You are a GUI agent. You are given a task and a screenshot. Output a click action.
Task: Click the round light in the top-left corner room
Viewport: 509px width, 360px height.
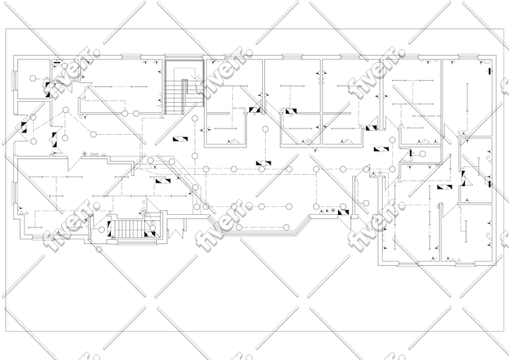pyautogui.click(x=33, y=78)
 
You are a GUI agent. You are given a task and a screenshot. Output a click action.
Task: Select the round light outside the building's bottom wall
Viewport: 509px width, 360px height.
pyautogui.click(x=99, y=249)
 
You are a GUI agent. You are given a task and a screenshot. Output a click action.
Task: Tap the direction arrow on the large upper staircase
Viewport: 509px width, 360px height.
pyautogui.click(x=195, y=76)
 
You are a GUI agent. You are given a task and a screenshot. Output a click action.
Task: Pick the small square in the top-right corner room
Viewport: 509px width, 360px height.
pyautogui.click(x=487, y=61)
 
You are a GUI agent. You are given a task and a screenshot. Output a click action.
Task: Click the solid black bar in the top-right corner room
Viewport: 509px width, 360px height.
pyautogui.click(x=489, y=71)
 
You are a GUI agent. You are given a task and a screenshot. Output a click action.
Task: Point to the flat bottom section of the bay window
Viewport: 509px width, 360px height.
pyautogui.click(x=260, y=234)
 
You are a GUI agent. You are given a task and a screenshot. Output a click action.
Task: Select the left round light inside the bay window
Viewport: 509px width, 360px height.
pyautogui.click(x=239, y=227)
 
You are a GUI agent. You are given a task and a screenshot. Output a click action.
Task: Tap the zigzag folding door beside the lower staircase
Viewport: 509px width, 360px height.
pyautogui.click(x=176, y=233)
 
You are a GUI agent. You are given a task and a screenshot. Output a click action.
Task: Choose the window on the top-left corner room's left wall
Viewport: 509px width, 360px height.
pyautogui.click(x=14, y=81)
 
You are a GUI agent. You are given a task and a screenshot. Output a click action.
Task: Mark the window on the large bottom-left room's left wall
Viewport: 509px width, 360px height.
pyautogui.click(x=14, y=193)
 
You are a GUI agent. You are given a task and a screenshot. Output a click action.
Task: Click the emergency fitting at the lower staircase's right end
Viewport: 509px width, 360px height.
pyautogui.click(x=150, y=234)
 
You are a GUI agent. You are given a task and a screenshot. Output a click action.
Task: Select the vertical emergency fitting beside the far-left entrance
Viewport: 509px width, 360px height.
pyautogui.click(x=24, y=127)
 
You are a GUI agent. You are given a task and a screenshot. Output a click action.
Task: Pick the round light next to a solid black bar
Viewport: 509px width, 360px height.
pyautogui.click(x=422, y=154)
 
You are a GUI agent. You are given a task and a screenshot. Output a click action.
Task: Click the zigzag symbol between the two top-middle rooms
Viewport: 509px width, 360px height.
pyautogui.click(x=322, y=78)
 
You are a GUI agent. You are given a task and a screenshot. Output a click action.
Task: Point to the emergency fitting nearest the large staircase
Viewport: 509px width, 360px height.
pyautogui.click(x=180, y=139)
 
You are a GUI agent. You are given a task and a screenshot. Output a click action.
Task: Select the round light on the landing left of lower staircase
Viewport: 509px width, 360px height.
pyautogui.click(x=102, y=230)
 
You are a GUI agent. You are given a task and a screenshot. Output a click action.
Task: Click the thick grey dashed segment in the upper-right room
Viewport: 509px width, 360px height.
pyautogui.click(x=426, y=116)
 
